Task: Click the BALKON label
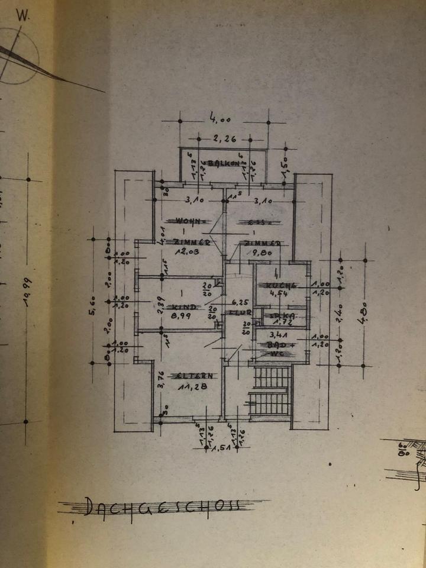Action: (223, 163)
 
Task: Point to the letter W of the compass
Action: (24, 17)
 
